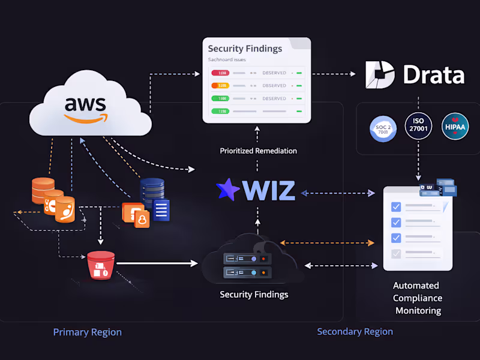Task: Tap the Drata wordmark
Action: point(433,75)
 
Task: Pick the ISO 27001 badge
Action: point(418,125)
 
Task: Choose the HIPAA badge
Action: point(455,127)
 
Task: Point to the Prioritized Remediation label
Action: point(258,151)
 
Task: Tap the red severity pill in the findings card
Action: point(220,73)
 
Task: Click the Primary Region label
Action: point(87,332)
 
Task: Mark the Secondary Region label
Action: point(355,331)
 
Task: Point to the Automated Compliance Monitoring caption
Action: point(417,298)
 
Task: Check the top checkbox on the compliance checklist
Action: point(396,207)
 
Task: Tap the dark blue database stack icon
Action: point(152,191)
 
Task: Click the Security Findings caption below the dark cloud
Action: point(254,295)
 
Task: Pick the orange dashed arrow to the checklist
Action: point(327,243)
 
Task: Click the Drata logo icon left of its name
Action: point(380,74)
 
